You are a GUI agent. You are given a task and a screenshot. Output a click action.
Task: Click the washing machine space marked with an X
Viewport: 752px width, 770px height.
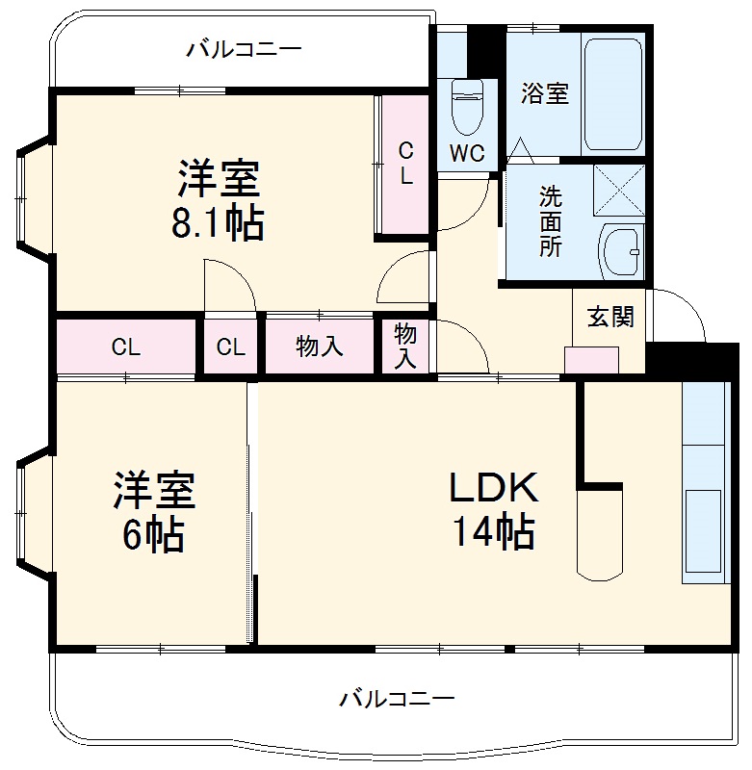[x=617, y=190]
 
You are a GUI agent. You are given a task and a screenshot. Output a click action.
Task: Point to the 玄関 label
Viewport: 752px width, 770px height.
[x=610, y=317]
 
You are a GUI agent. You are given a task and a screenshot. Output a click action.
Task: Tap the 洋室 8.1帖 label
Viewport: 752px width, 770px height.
[x=218, y=200]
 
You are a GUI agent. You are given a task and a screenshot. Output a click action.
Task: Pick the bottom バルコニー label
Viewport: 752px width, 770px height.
[x=397, y=698]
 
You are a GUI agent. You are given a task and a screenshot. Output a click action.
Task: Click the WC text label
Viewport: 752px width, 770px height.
[x=467, y=152]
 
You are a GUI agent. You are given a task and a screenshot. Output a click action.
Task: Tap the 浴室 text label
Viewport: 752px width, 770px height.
[x=545, y=93]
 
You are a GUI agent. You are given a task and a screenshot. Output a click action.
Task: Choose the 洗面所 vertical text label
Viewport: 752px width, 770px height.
[x=550, y=221]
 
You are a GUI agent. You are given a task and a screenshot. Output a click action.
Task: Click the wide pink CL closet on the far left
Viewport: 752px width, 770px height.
[x=125, y=347]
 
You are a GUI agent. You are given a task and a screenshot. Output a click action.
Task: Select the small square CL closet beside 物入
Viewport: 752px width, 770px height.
[x=231, y=347]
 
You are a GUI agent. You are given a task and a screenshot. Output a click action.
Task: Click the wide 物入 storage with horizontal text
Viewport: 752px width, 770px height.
[x=319, y=346]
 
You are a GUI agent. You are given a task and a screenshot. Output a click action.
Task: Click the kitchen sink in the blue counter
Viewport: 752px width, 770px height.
[x=702, y=521]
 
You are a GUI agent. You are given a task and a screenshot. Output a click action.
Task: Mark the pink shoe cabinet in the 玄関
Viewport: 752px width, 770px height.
[x=590, y=359]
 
